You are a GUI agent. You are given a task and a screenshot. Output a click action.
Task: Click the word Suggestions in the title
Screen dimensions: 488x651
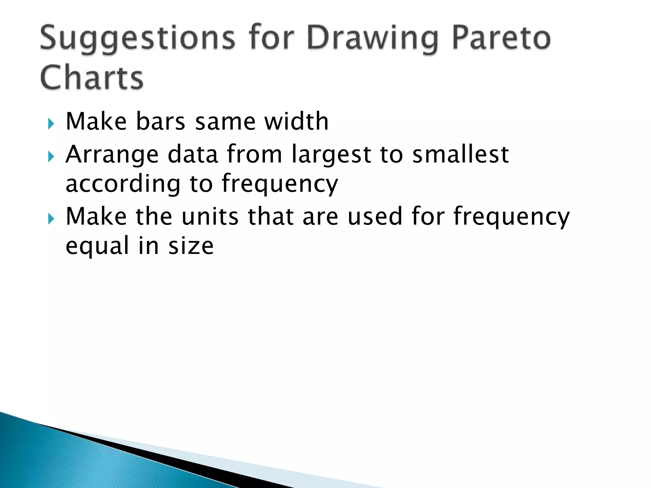137,39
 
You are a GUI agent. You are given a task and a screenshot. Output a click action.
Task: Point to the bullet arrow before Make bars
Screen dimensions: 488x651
51,124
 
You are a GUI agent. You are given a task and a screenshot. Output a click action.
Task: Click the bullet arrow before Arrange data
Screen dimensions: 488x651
51,157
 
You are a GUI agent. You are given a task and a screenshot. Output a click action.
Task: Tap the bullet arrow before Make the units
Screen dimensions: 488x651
51,219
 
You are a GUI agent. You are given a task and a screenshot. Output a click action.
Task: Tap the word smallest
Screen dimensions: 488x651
460,154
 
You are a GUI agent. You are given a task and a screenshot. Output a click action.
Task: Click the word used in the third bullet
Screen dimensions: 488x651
375,216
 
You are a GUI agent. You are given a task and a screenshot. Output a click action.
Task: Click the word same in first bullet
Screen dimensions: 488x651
225,122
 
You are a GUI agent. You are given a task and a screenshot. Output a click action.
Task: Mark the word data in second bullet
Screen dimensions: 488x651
193,154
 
